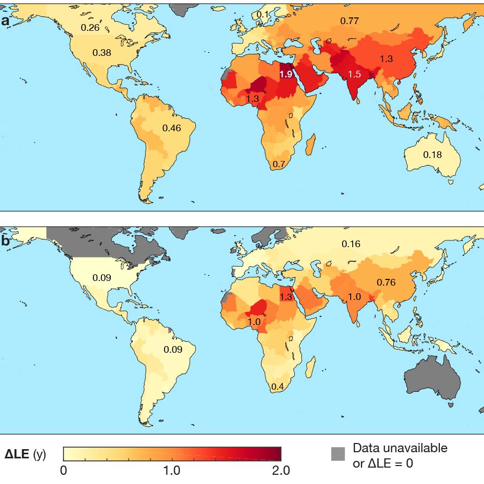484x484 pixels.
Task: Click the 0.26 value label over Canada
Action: tap(90, 28)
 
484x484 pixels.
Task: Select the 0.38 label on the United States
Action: tap(102, 52)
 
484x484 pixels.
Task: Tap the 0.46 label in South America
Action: tap(172, 128)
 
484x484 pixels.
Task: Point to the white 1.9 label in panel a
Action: tap(286, 74)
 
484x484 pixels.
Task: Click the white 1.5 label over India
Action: tap(354, 74)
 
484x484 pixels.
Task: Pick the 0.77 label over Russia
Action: tap(350, 21)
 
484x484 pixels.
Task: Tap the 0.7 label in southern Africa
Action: tap(279, 165)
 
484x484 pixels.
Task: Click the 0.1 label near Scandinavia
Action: tap(263, 14)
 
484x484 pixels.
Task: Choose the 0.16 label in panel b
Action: tap(351, 244)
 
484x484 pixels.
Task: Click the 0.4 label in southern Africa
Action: tap(278, 386)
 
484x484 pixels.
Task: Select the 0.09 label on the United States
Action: tap(101, 278)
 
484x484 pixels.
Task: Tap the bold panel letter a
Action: tap(6, 22)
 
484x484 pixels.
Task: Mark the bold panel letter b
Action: tap(6, 241)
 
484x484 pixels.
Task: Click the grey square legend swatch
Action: tap(338, 454)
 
